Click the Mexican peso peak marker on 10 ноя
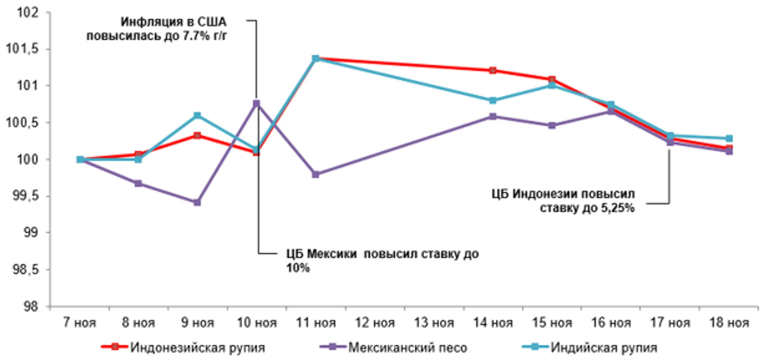point(256,103)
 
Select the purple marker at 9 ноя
point(197,202)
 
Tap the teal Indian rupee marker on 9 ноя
point(197,116)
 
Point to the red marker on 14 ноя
point(493,70)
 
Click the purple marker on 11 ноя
point(316,174)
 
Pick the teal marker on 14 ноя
point(493,101)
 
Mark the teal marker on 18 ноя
point(729,138)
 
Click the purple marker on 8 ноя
point(138,183)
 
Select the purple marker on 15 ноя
point(552,125)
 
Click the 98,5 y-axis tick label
point(25,270)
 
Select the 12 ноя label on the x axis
point(375,323)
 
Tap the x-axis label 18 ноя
point(729,323)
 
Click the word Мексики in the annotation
point(331,254)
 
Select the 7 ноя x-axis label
point(79,323)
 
